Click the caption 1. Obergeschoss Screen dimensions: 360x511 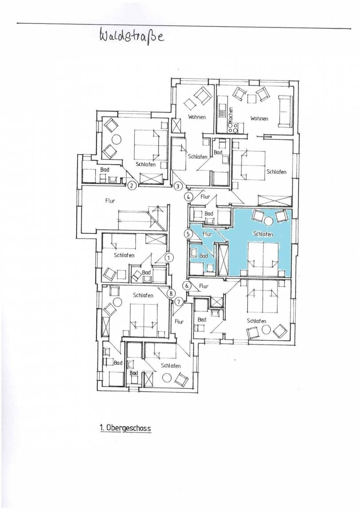[x=125, y=428]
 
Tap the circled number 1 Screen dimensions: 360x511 [x=169, y=257]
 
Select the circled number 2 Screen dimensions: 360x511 [x=131, y=186]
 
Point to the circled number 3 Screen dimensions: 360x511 [x=178, y=186]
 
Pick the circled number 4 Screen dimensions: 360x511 [x=188, y=197]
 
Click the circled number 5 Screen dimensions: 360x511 [x=188, y=233]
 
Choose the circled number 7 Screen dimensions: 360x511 [x=178, y=302]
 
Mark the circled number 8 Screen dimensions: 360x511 [x=171, y=293]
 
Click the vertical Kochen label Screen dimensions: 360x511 [x=231, y=115]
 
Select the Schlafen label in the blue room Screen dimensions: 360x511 [x=263, y=234]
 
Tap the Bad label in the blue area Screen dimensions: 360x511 [x=203, y=256]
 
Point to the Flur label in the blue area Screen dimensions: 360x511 [x=207, y=234]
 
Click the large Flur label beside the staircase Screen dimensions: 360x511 [x=110, y=201]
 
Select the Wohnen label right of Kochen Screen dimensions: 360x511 [x=259, y=118]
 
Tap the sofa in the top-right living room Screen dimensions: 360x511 [x=285, y=111]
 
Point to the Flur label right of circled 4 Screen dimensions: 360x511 [x=205, y=197]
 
